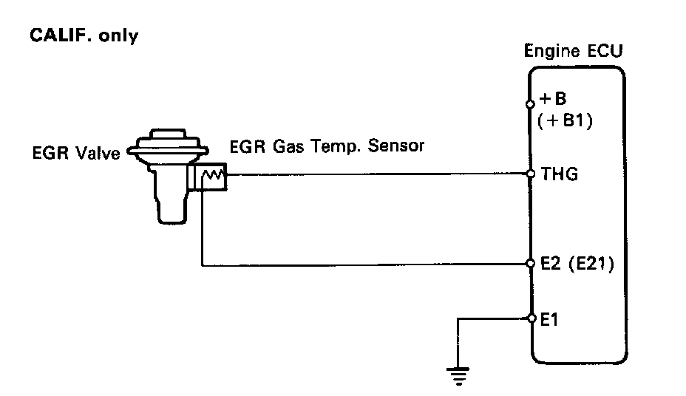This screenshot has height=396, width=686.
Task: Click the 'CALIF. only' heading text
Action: point(83,36)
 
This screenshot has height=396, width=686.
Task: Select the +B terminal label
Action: point(554,101)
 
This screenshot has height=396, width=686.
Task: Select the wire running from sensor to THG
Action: point(370,175)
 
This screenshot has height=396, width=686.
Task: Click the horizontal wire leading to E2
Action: point(370,264)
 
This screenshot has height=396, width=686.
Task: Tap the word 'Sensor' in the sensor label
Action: point(399,146)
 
